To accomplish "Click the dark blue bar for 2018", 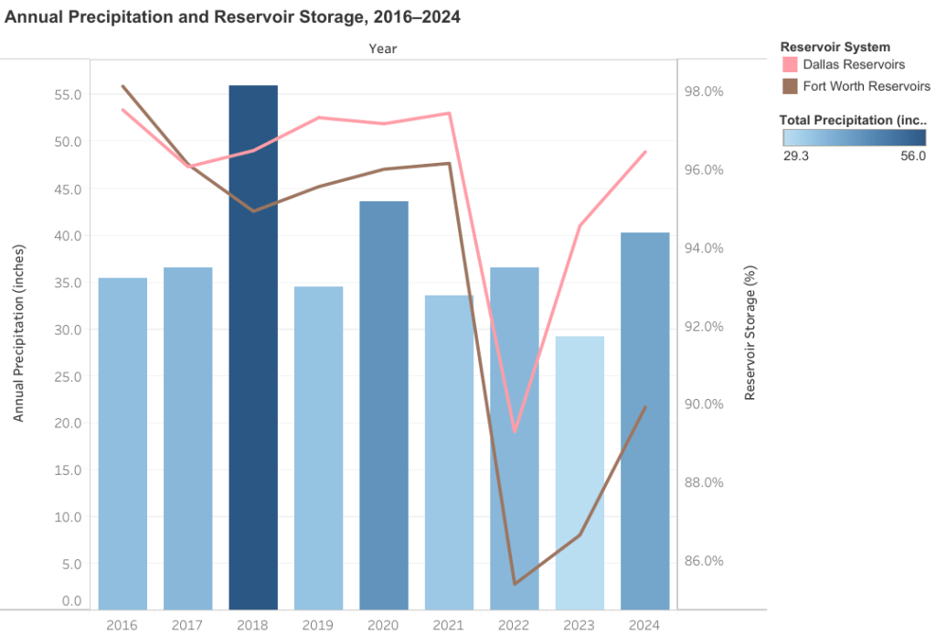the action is [253, 347].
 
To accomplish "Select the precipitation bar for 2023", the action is [580, 472].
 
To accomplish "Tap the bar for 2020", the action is [384, 405].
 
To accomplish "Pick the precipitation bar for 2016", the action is [122, 443].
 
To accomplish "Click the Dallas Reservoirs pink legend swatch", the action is [790, 65].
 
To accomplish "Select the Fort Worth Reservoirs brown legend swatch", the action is [790, 86].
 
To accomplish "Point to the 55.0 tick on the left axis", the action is [68, 94].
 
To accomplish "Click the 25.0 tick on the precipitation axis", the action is [68, 376].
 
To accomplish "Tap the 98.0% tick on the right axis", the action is [704, 91].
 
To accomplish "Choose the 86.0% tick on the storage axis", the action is [704, 560].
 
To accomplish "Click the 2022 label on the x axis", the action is [514, 625].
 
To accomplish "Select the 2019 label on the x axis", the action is [317, 625].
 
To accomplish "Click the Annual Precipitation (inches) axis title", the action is [18, 333].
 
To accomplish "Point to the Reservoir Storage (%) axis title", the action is [750, 333].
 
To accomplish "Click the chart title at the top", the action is [232, 16].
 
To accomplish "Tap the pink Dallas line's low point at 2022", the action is [515, 431].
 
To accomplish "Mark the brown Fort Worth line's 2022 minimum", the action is [515, 584].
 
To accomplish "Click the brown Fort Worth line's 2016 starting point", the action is [122, 86].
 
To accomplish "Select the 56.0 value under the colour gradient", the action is [913, 156].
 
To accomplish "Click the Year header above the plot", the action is [383, 48].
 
